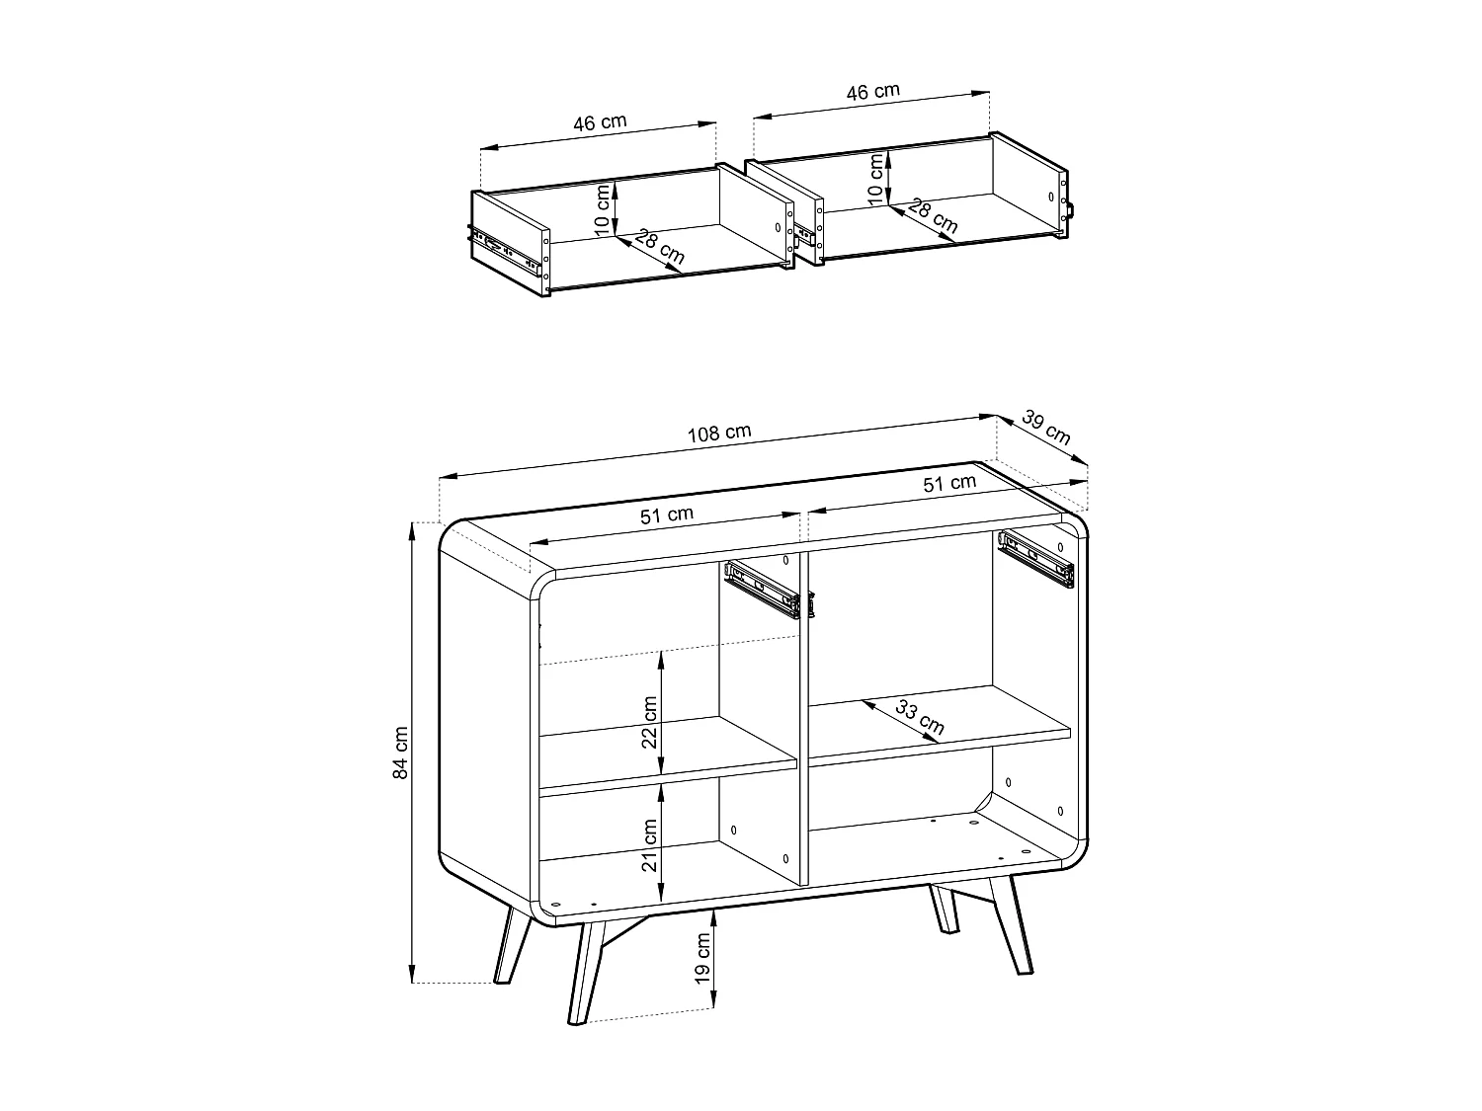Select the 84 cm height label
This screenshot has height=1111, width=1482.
point(401,753)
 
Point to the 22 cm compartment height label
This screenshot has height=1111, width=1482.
point(649,722)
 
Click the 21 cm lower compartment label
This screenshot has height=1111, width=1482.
point(649,844)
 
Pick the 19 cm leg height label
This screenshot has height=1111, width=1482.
point(702,956)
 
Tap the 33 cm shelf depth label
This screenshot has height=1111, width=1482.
point(920,717)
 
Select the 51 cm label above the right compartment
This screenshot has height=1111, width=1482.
point(948,483)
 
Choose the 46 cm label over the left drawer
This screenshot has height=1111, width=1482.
point(600,122)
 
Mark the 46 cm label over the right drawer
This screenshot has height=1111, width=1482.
point(872,92)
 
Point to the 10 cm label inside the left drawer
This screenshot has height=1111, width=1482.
point(603,209)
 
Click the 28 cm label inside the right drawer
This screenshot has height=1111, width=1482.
point(933,216)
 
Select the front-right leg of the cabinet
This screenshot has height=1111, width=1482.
point(1013,923)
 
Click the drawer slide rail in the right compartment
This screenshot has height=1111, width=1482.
point(1035,558)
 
